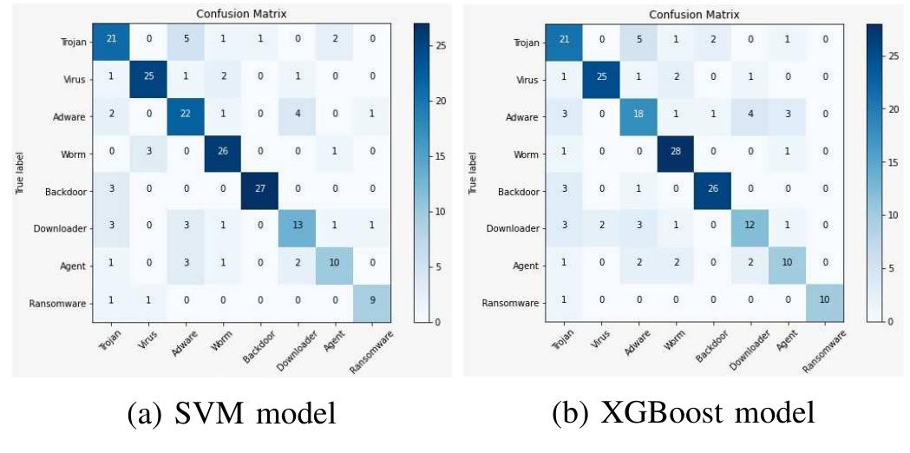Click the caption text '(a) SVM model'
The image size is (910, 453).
coord(231,415)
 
